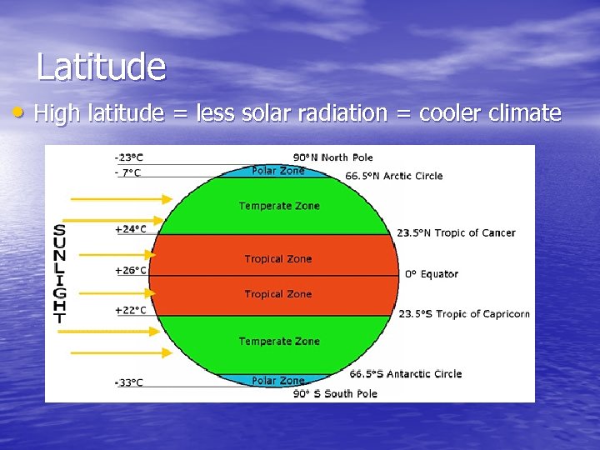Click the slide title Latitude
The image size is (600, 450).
pos(101,67)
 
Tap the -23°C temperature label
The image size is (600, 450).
pos(128,157)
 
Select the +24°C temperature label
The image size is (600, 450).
pos(130,228)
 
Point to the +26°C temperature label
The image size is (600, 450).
pos(130,270)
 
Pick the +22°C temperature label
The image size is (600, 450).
pos(130,310)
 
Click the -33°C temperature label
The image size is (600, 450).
pos(128,382)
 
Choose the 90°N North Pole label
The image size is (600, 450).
pos(333,157)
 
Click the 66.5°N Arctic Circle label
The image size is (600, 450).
pos(394,176)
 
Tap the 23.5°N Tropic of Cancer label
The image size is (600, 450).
pos(456,233)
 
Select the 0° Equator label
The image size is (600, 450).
pos(432,273)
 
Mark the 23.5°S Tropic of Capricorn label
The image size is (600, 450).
pos(463,314)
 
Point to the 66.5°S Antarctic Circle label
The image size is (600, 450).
pos(405,374)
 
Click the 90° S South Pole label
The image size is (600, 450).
pos(335,393)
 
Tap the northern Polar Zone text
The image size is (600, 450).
pos(278,170)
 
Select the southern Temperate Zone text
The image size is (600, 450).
pos(279,341)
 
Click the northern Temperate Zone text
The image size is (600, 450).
pos(279,206)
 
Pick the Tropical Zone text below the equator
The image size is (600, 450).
pos(278,294)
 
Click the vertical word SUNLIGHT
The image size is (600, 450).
pos(59,273)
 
